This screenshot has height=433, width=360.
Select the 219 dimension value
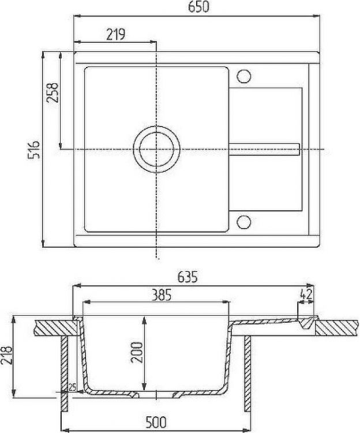(x=116, y=35)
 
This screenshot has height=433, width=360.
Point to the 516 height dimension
(x=34, y=149)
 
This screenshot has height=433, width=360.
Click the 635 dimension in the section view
(x=188, y=278)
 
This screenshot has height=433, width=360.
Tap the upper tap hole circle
(x=243, y=76)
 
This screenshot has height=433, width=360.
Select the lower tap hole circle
(x=243, y=221)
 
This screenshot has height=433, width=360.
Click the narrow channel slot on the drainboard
(x=264, y=149)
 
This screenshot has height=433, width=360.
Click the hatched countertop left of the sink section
(x=55, y=327)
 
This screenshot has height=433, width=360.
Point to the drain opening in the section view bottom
(x=156, y=395)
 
